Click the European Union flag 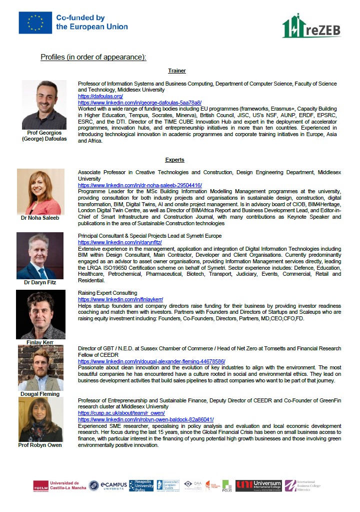click(x=35, y=23)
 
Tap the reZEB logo click(x=311, y=26)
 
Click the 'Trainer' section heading click(x=177, y=71)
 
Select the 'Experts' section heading click(x=174, y=160)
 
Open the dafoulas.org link click(x=100, y=96)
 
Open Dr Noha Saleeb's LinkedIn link click(x=139, y=185)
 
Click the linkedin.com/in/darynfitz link click(x=119, y=242)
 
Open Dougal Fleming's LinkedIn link click(x=151, y=361)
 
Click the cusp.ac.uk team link click(x=121, y=413)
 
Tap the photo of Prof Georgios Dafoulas click(x=44, y=105)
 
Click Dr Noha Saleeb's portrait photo click(x=40, y=192)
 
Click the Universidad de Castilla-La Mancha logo click(x=59, y=485)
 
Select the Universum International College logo click(x=258, y=485)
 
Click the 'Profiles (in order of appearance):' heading click(x=93, y=57)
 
